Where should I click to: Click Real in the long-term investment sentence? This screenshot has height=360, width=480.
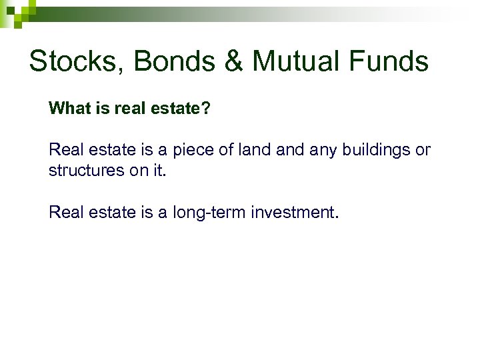(65, 213)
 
